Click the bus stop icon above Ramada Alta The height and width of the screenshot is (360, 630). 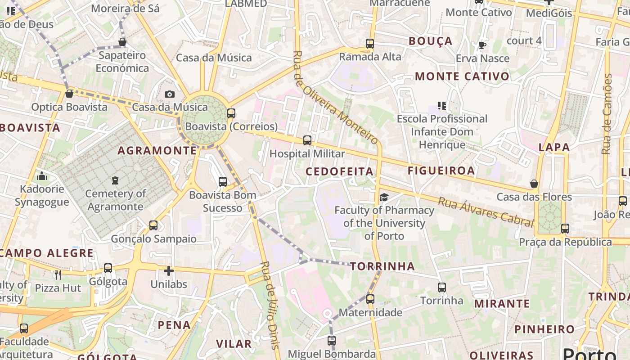pyautogui.click(x=369, y=44)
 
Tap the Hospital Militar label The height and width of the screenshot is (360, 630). pyautogui.click(x=307, y=153)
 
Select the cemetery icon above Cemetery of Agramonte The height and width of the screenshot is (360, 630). pyautogui.click(x=115, y=180)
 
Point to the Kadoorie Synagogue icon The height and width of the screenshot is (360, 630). pyautogui.click(x=42, y=176)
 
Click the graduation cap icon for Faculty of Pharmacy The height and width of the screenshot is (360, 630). pyautogui.click(x=384, y=197)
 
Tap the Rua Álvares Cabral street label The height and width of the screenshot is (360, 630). pyautogui.click(x=486, y=212)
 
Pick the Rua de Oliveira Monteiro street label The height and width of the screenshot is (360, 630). pyautogui.click(x=335, y=97)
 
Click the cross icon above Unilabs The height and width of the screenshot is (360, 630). pyautogui.click(x=169, y=271)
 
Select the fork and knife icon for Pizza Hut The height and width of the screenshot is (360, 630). pyautogui.click(x=58, y=274)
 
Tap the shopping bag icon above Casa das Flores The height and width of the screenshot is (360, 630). pyautogui.click(x=534, y=184)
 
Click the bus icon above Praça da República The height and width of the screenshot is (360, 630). pyautogui.click(x=565, y=229)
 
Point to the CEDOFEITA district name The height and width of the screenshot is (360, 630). pyautogui.click(x=339, y=171)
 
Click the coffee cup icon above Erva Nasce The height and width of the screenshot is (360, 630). pyautogui.click(x=482, y=45)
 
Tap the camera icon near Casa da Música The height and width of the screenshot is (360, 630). pyautogui.click(x=169, y=94)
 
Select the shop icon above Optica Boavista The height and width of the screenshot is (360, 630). pyautogui.click(x=69, y=94)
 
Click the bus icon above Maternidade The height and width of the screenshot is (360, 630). pyautogui.click(x=370, y=299)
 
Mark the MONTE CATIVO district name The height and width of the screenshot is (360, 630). pyautogui.click(x=462, y=76)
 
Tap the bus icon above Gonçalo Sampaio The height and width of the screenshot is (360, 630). pyautogui.click(x=153, y=225)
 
